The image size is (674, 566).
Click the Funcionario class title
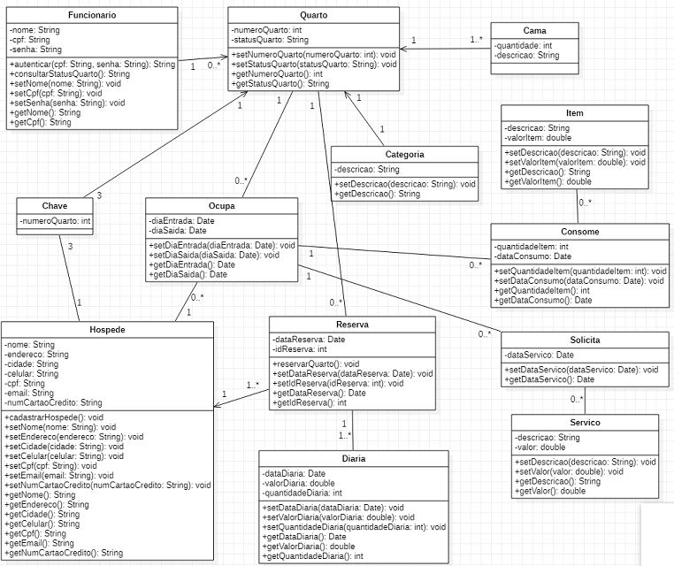(x=91, y=16)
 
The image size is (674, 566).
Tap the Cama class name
(x=534, y=30)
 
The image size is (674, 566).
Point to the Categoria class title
(x=404, y=154)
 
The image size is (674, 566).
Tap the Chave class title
(x=55, y=205)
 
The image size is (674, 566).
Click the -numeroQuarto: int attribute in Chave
(x=55, y=220)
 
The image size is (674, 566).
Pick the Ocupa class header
(x=221, y=205)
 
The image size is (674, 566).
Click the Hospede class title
(x=107, y=329)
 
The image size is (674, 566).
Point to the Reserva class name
(x=352, y=325)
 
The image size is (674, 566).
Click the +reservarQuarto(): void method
(x=317, y=363)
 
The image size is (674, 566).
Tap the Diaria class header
(x=351, y=459)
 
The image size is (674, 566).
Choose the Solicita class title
(x=585, y=340)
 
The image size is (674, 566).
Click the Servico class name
(x=585, y=423)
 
